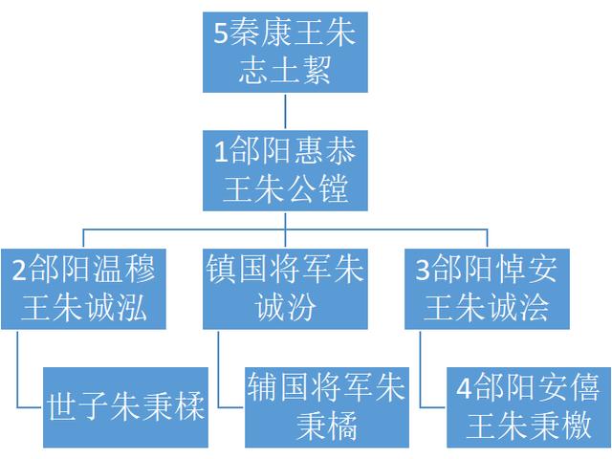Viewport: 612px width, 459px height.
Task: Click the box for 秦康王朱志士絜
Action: coord(285,53)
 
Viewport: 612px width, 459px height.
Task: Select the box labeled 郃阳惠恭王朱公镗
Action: coord(285,170)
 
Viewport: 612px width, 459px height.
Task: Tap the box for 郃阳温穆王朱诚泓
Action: coord(83,289)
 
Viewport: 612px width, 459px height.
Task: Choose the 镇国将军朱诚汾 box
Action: coord(285,289)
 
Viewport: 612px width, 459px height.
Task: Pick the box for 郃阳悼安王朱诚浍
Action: coord(487,289)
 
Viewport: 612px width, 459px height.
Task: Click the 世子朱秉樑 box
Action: coord(125,407)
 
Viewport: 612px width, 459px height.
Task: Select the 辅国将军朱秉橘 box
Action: coord(327,407)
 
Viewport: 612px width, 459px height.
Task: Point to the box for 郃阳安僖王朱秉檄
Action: coord(529,407)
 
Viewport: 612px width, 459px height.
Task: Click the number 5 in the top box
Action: coord(221,33)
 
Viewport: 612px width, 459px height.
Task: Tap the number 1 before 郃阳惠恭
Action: coord(221,152)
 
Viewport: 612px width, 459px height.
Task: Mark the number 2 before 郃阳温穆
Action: coord(19,270)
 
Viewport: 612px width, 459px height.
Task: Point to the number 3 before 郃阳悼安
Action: coord(423,270)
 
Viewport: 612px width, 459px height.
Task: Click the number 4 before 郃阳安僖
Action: coord(465,388)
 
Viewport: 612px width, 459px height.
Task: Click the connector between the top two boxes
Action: coord(285,112)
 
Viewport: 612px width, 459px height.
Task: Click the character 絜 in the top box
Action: coord(317,70)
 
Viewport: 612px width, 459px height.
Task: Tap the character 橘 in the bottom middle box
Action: coord(342,426)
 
